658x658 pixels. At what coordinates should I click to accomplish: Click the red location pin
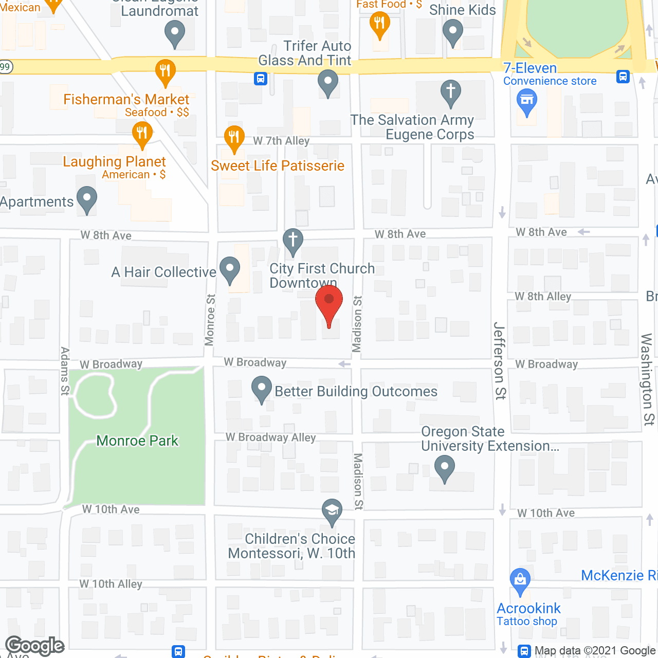click(x=328, y=303)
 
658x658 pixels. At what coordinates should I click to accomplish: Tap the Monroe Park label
click(x=137, y=441)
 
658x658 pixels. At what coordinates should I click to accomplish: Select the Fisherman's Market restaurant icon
click(x=165, y=71)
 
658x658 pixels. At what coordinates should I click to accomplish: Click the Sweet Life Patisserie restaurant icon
click(x=234, y=137)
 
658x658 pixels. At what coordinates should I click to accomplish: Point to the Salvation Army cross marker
click(x=450, y=92)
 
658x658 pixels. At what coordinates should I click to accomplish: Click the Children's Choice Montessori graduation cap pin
click(x=332, y=511)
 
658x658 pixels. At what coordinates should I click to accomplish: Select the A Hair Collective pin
click(x=230, y=269)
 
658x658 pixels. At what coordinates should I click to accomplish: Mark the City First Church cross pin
click(x=293, y=240)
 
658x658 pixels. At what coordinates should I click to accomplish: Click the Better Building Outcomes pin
click(x=262, y=388)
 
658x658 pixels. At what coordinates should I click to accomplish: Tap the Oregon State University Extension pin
click(x=445, y=468)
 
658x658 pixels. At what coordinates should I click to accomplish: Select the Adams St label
click(x=65, y=371)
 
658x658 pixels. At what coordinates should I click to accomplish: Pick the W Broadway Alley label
click(x=270, y=437)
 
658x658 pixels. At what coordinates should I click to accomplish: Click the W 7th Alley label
click(x=281, y=141)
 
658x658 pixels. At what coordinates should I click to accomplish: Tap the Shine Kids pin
click(x=453, y=31)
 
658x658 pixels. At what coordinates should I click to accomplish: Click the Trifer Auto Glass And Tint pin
click(x=327, y=82)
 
